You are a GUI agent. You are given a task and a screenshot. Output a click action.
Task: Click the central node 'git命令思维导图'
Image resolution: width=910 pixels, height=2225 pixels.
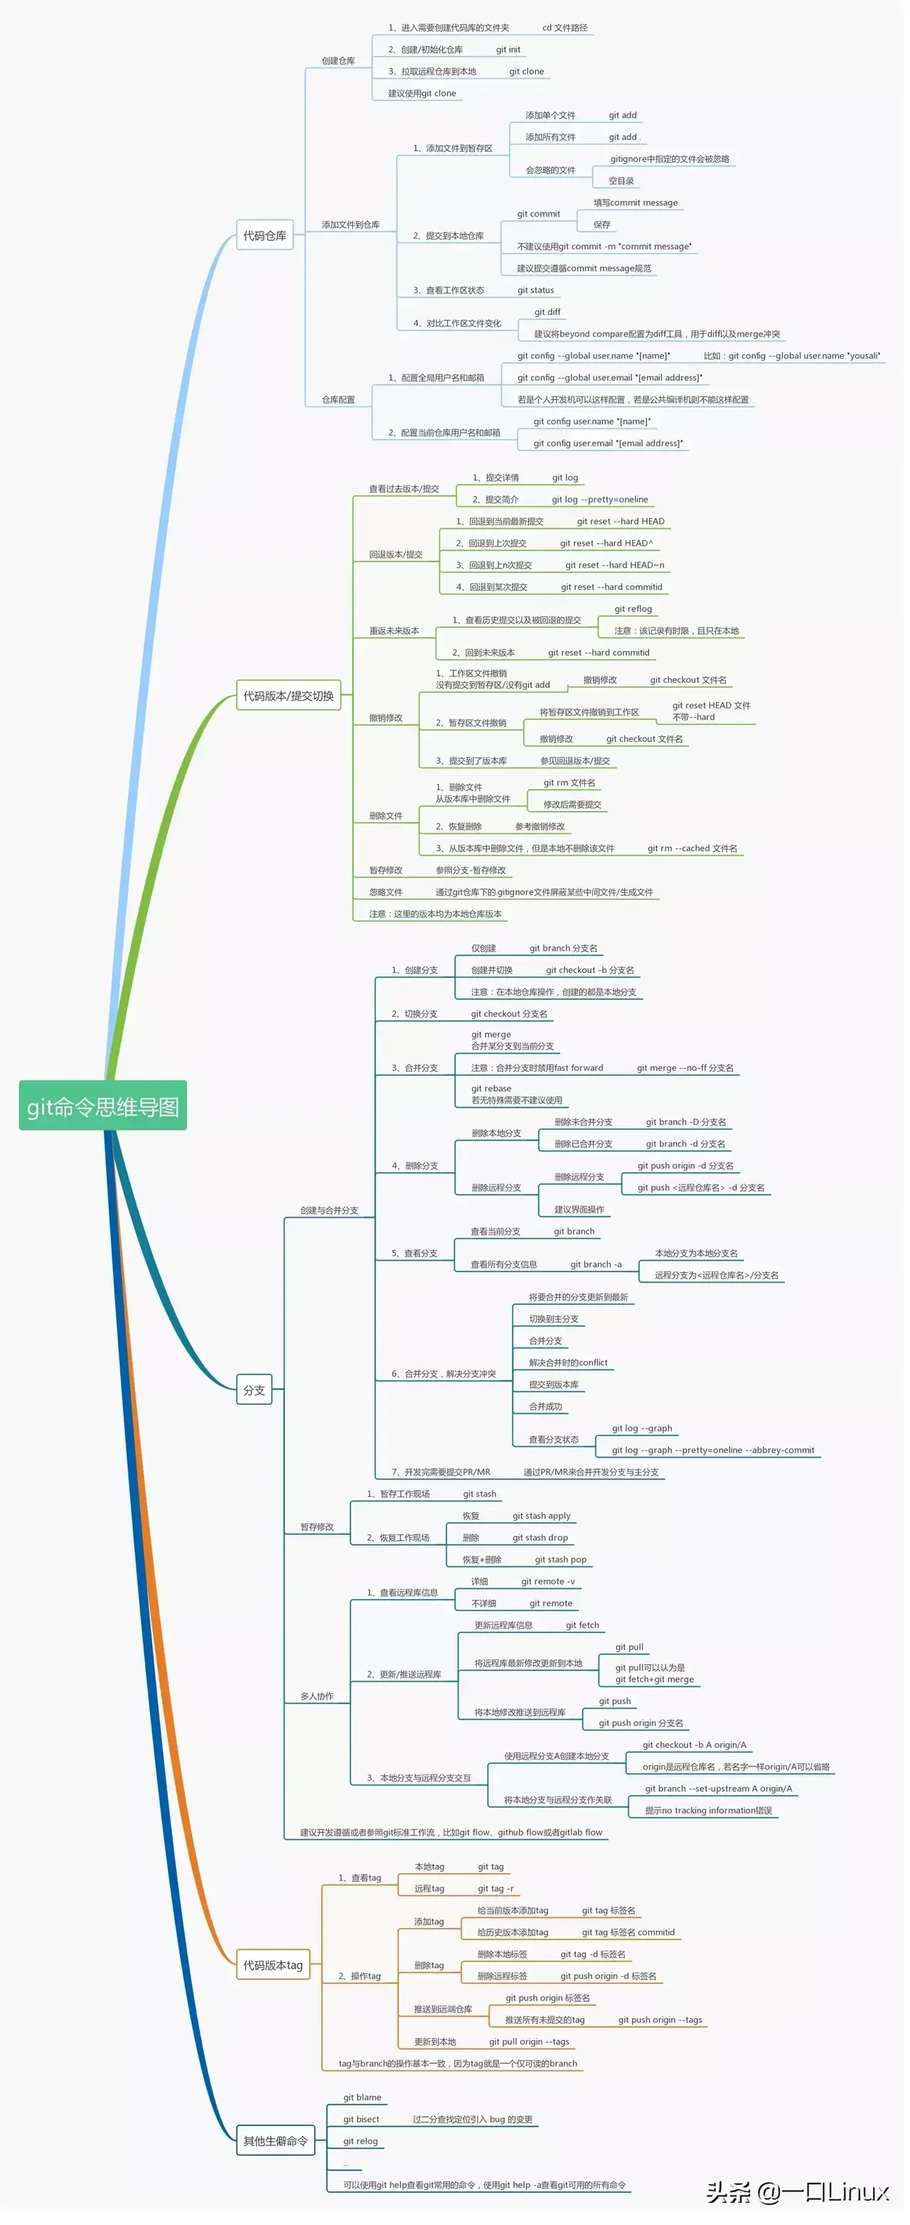click(x=103, y=1106)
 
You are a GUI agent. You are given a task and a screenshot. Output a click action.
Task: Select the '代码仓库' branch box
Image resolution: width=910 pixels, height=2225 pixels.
click(x=264, y=236)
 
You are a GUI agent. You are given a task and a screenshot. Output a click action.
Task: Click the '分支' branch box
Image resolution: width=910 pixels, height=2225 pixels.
click(x=254, y=1391)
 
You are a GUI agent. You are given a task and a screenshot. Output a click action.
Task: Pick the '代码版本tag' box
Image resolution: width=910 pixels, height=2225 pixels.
click(x=272, y=1965)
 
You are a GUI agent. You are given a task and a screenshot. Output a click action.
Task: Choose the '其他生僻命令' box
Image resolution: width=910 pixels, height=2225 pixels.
click(x=275, y=2141)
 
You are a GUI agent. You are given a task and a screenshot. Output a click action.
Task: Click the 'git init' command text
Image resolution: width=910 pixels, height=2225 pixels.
click(x=508, y=50)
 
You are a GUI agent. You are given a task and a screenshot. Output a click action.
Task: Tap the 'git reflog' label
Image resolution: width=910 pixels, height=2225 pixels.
click(x=633, y=609)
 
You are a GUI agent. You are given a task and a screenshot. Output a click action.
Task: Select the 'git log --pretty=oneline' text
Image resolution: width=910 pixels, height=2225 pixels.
click(x=600, y=500)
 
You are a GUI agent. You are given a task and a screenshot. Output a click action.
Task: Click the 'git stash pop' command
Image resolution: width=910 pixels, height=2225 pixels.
click(x=561, y=1560)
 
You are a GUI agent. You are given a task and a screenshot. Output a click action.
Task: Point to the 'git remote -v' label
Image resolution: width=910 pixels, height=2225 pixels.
click(x=548, y=1581)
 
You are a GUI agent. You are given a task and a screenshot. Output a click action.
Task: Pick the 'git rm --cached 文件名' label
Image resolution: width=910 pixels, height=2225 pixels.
click(x=692, y=848)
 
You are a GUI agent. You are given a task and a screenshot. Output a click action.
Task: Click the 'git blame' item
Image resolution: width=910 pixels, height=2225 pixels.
click(x=362, y=2097)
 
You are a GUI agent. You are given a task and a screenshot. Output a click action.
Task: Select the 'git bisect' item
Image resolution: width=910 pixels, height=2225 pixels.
click(x=361, y=2118)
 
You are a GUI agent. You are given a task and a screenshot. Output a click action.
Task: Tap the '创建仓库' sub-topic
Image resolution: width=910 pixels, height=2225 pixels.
click(x=338, y=61)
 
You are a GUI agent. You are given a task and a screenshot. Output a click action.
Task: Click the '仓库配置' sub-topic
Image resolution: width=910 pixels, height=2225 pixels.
click(x=338, y=400)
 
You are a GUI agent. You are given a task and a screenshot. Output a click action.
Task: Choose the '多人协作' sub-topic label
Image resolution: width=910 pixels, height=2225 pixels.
click(x=316, y=1696)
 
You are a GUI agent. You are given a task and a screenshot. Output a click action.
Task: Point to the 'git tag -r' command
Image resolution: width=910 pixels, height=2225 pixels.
click(x=496, y=1889)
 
